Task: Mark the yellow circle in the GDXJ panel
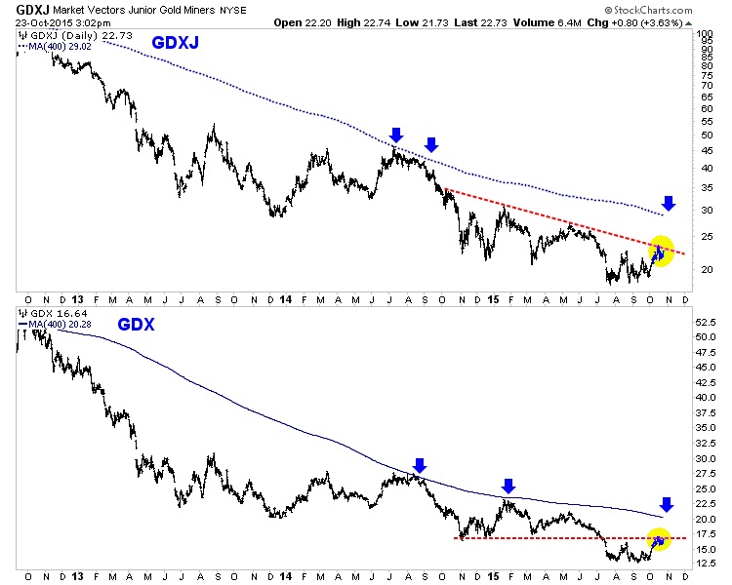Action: (x=661, y=251)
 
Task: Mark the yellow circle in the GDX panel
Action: (x=660, y=538)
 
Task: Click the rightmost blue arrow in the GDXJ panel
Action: (x=668, y=203)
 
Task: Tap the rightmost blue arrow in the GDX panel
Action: (x=667, y=504)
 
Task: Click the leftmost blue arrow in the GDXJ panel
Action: (x=396, y=134)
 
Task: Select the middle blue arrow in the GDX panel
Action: (x=508, y=486)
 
